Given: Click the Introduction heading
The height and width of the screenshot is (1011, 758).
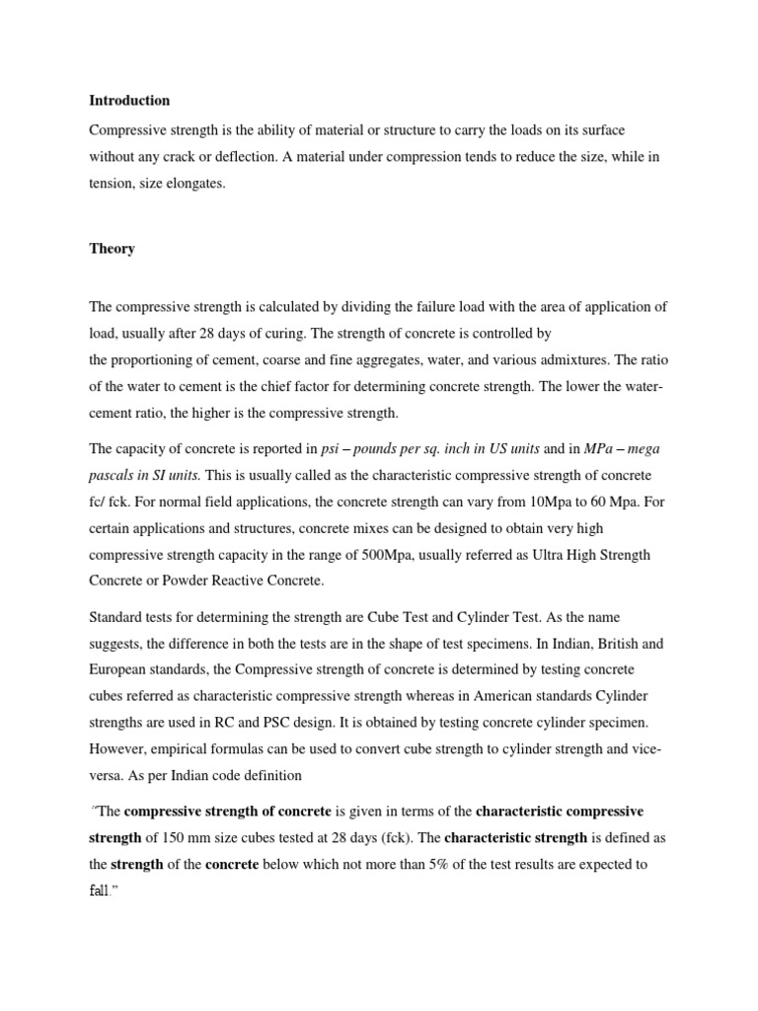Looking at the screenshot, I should (x=129, y=101).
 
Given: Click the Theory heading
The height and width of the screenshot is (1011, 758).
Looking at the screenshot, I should (x=112, y=249).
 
